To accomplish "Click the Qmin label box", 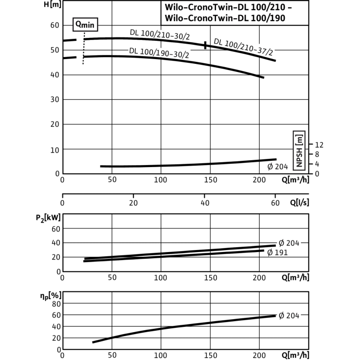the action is [85, 24].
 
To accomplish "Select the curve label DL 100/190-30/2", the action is [159, 53].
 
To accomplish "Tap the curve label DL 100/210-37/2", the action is [243, 47].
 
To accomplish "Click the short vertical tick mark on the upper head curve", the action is [205, 45].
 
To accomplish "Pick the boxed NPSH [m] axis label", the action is [299, 151].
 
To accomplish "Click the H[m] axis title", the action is [53, 5].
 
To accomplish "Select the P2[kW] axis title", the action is [48, 217].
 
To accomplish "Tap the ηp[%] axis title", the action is [51, 296].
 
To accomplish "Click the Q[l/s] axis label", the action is [300, 203].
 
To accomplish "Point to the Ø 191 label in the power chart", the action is [277, 252].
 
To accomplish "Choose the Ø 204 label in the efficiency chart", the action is [289, 316].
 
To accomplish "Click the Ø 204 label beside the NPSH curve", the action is [277, 167].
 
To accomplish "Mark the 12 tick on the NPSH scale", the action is [319, 144].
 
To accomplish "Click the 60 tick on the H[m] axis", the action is [55, 25].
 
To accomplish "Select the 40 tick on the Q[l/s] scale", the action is [205, 203].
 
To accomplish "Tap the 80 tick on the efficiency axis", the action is [56, 304].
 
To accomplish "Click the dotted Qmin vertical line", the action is [84, 48].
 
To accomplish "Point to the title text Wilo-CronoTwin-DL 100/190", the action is [225, 18].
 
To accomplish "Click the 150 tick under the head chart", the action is [211, 180].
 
